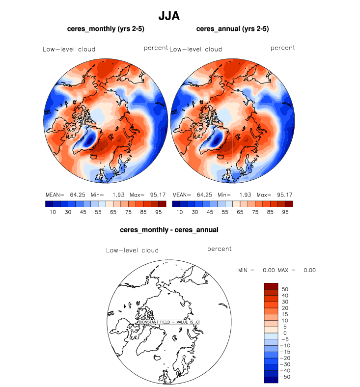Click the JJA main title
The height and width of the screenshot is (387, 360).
169,16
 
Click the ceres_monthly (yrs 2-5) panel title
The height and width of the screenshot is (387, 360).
106,29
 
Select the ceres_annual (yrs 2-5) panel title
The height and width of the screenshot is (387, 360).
232,29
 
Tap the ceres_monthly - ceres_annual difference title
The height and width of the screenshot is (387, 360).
169,229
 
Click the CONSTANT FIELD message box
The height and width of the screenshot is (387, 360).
169,322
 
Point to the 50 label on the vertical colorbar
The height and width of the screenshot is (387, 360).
284,289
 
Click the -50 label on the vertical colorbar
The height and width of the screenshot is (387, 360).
283,377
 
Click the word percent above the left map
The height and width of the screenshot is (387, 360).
156,48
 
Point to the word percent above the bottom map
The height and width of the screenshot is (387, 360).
219,249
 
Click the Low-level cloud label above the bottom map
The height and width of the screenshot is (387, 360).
132,250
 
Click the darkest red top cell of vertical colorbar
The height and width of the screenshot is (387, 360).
271,286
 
